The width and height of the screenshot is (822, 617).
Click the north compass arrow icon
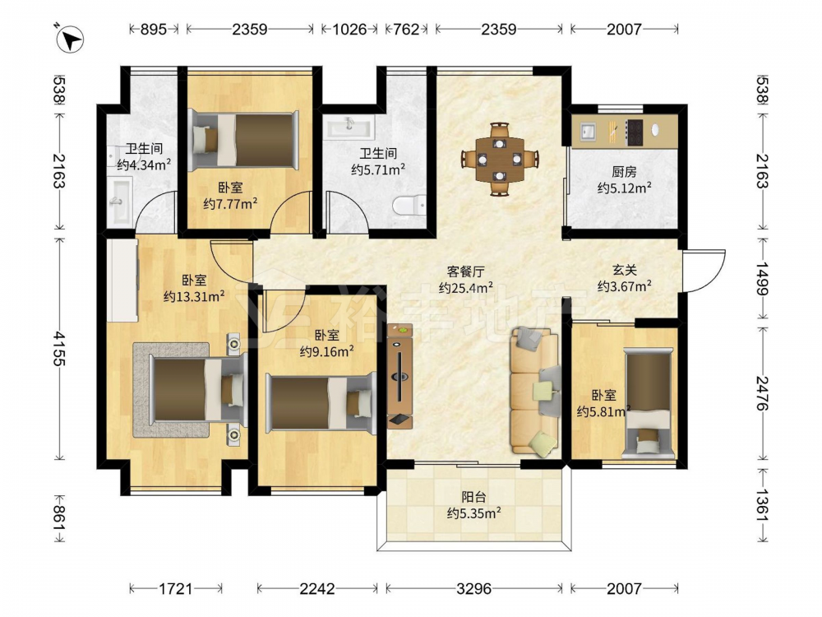point(70,39)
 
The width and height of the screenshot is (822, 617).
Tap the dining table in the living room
point(500,159)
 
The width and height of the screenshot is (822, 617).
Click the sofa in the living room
point(535,390)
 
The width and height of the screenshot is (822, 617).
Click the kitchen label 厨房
point(624,172)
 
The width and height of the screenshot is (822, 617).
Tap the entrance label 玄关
point(625,270)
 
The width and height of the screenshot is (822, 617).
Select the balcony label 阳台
point(473,497)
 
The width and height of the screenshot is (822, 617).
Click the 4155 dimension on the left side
point(58,348)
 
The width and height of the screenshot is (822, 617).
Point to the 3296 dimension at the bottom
point(474,589)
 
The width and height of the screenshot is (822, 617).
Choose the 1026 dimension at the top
point(349,29)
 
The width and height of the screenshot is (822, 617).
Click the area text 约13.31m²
point(194,296)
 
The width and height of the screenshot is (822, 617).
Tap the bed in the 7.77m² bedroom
point(244,140)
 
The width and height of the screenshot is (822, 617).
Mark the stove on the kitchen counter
point(635,132)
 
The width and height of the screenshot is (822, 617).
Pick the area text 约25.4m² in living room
point(465,287)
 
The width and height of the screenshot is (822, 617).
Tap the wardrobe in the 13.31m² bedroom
point(122,280)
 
